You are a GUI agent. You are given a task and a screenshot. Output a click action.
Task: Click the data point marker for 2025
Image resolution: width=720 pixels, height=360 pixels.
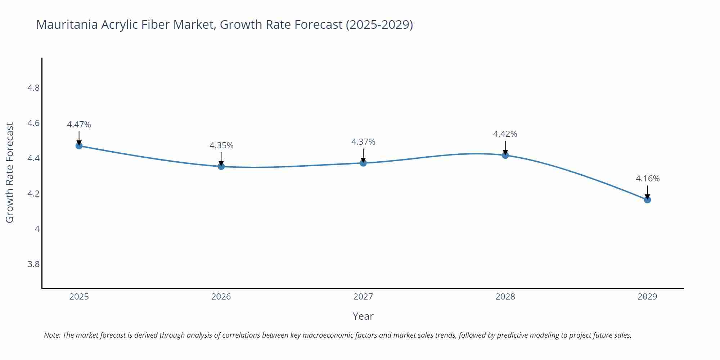pyautogui.click(x=79, y=146)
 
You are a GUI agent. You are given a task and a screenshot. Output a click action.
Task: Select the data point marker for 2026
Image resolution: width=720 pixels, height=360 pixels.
pyautogui.click(x=221, y=166)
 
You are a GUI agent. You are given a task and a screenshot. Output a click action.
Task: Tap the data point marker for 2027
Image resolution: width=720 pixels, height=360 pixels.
pyautogui.click(x=363, y=163)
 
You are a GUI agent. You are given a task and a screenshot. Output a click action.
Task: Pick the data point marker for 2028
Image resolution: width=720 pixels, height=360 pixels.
pyautogui.click(x=505, y=155)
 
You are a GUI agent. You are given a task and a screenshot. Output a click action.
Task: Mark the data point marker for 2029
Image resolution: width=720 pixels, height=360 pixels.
pyautogui.click(x=647, y=200)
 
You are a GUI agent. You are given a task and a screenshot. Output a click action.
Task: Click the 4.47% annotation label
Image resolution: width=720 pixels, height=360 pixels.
pyautogui.click(x=79, y=125)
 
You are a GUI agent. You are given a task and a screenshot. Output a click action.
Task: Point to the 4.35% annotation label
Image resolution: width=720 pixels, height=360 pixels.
pyautogui.click(x=221, y=145)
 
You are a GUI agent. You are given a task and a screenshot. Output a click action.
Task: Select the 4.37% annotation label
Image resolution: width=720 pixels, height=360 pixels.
pyautogui.click(x=363, y=142)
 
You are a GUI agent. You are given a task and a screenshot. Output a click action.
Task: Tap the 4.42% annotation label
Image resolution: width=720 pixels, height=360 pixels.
pyautogui.click(x=505, y=134)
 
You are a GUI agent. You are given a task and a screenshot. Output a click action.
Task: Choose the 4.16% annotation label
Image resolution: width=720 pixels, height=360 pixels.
pyautogui.click(x=647, y=179)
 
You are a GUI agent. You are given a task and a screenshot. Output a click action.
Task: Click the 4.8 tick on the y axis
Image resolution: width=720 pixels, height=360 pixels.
pyautogui.click(x=33, y=88)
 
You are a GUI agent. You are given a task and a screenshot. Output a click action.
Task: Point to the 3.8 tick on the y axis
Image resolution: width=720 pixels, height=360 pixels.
pyautogui.click(x=33, y=264)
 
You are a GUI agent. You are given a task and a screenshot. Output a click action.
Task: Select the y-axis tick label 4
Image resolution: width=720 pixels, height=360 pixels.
pyautogui.click(x=37, y=229)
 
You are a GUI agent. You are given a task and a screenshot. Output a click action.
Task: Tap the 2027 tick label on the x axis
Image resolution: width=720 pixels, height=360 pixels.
pyautogui.click(x=363, y=297)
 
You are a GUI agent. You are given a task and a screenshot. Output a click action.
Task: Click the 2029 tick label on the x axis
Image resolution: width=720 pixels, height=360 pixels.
pyautogui.click(x=647, y=297)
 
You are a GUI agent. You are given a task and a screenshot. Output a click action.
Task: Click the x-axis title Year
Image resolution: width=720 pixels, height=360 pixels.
pyautogui.click(x=363, y=316)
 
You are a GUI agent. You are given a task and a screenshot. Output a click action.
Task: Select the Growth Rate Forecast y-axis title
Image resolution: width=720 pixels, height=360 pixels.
pyautogui.click(x=10, y=173)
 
